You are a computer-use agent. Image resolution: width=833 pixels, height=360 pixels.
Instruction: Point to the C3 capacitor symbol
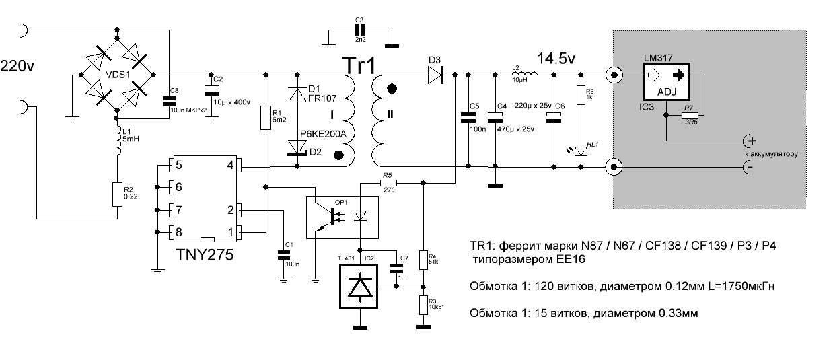click(x=360, y=31)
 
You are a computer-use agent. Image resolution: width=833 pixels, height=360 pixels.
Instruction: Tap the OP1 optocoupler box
click(x=342, y=217)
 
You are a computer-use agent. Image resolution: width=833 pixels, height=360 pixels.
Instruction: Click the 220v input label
click(x=19, y=66)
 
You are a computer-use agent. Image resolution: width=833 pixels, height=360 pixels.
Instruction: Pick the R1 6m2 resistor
click(x=266, y=118)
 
